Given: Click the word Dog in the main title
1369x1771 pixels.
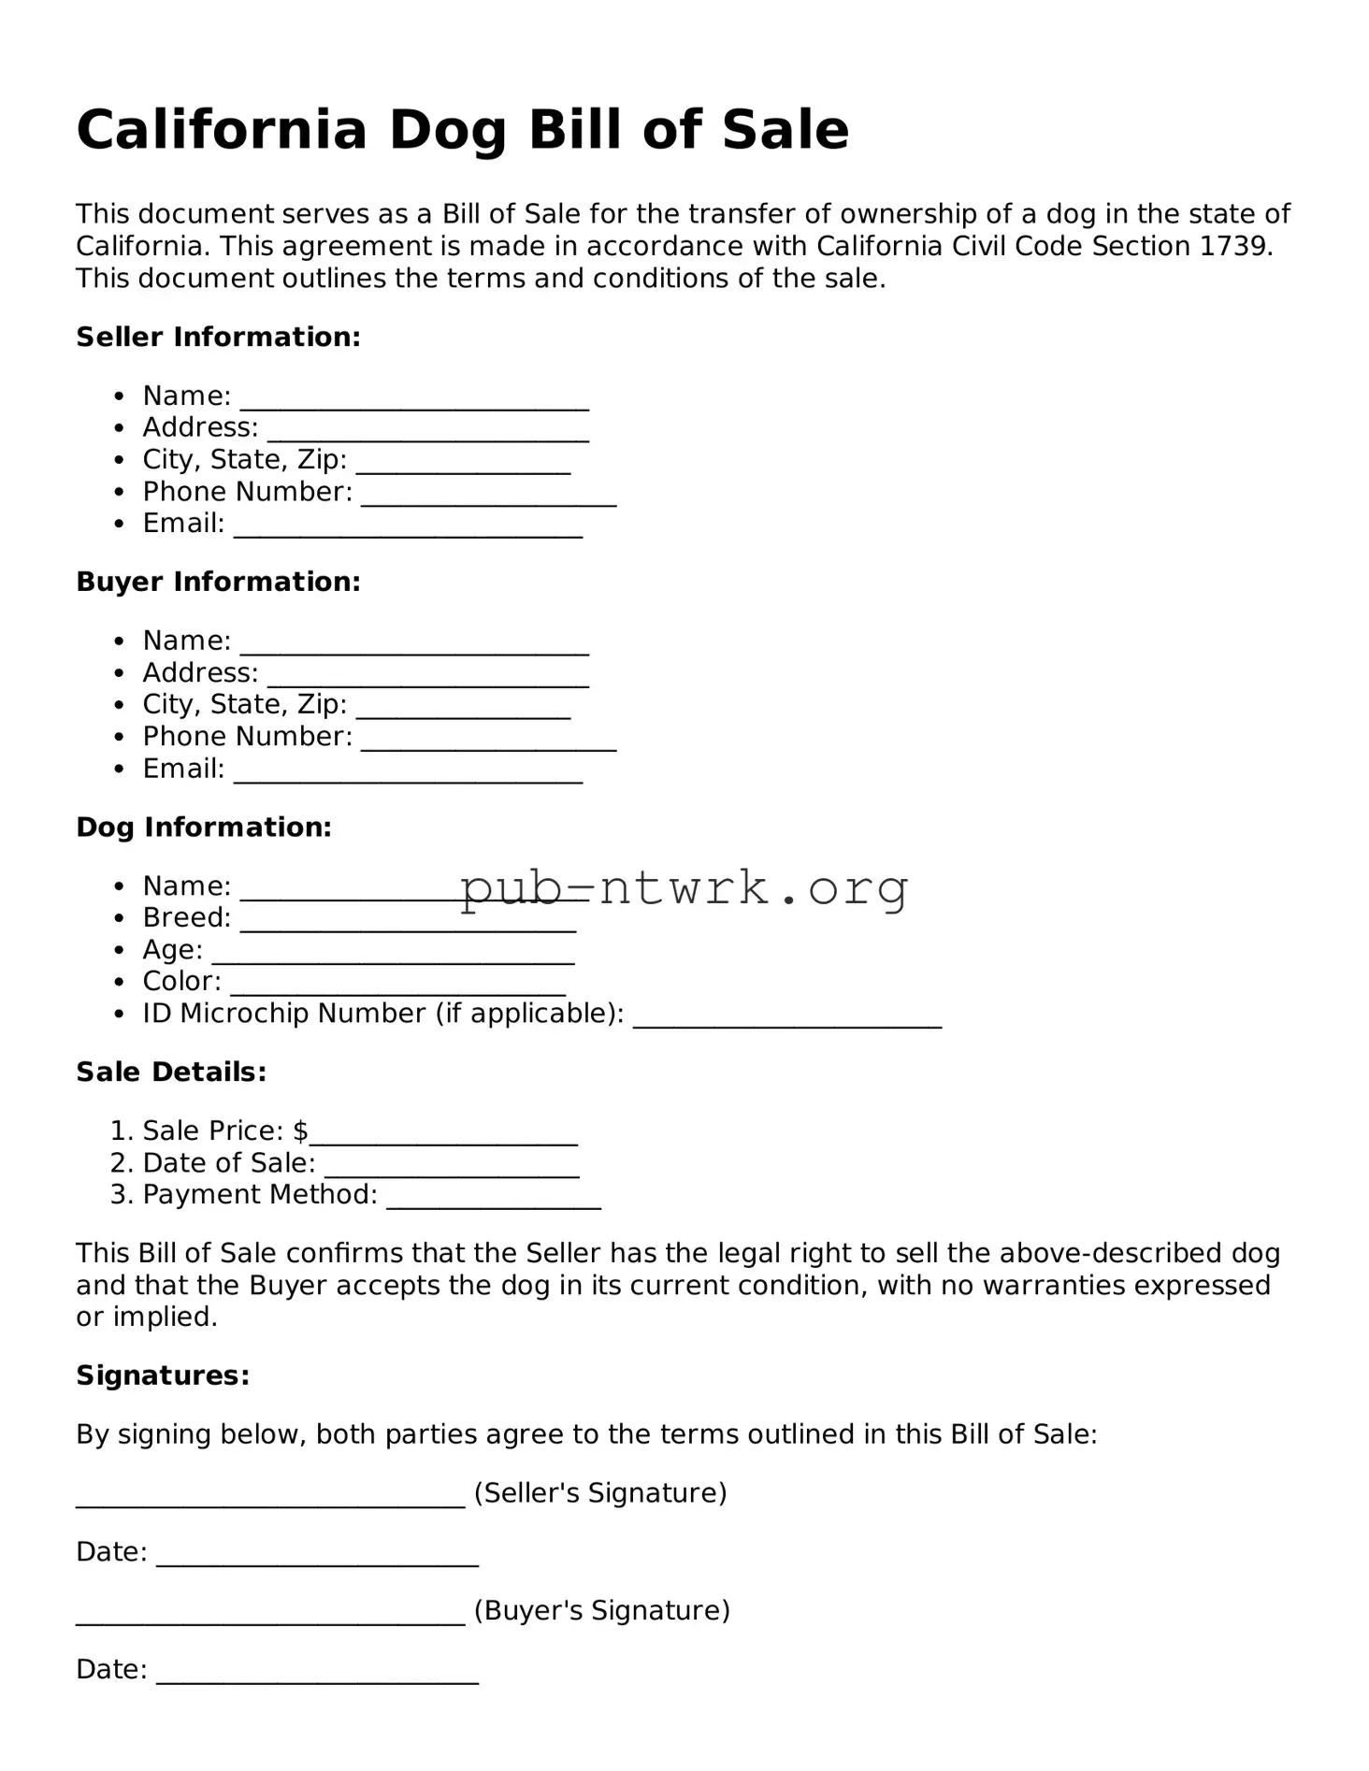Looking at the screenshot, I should coord(447,131).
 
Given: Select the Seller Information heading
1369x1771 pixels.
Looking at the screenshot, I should coord(218,338).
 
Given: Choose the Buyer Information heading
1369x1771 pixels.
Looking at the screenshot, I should coord(218,582).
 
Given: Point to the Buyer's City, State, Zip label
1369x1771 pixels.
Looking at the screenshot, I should coord(244,704).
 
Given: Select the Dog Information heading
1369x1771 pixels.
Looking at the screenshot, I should coord(204,828).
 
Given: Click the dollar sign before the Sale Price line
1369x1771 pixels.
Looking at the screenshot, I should coord(300,1131).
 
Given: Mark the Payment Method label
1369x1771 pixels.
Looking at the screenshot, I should coord(260,1195).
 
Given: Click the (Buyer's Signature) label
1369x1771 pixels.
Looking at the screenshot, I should coord(601,1610).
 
